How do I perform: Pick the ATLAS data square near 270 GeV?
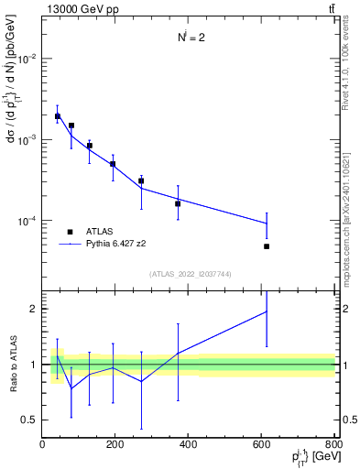tap(141, 180)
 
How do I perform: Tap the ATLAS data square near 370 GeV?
tap(178, 203)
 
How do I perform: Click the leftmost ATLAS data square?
tap(57, 116)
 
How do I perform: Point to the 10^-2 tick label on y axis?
tap(26, 59)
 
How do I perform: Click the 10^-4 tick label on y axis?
tap(26, 221)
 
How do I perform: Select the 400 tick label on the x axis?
tap(188, 444)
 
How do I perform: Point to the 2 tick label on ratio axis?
tap(33, 309)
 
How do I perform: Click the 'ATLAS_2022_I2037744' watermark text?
tap(189, 274)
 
